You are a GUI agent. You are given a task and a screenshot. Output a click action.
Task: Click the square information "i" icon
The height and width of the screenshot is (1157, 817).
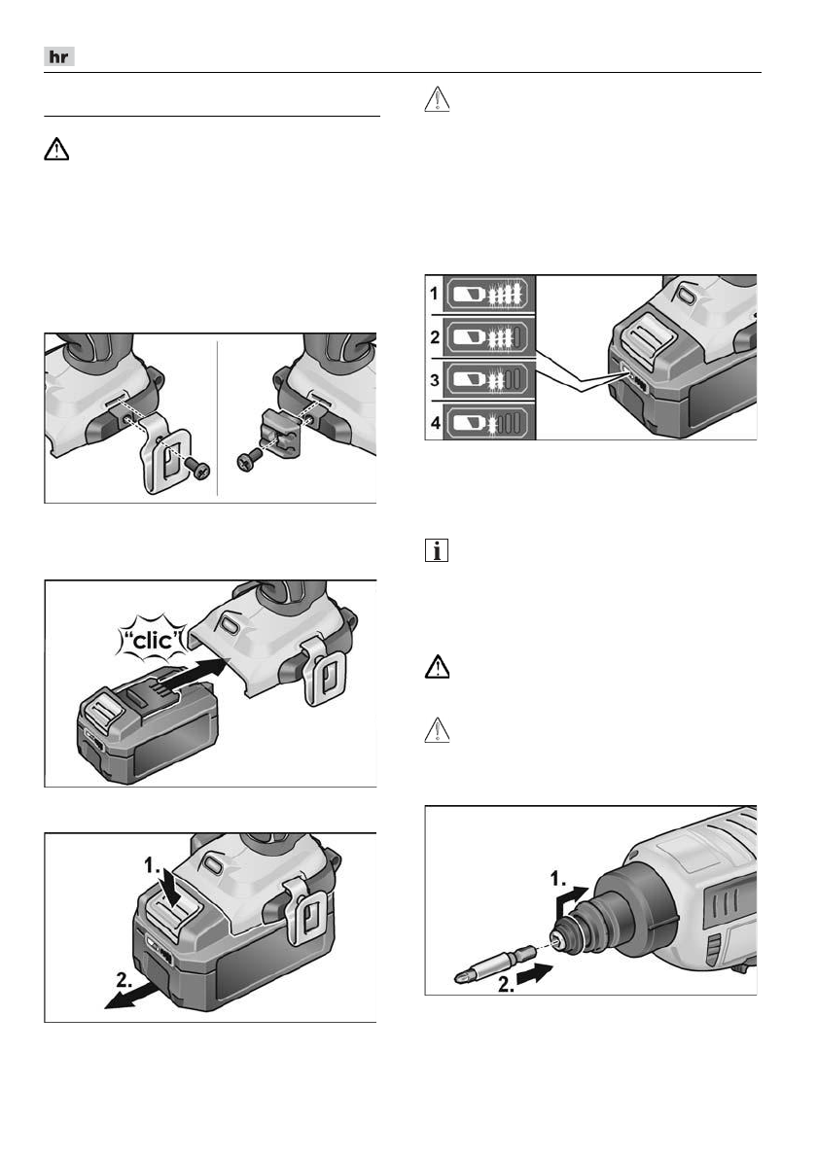pyautogui.click(x=437, y=552)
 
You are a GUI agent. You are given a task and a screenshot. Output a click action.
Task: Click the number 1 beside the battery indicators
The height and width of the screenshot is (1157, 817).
pyautogui.click(x=435, y=290)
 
